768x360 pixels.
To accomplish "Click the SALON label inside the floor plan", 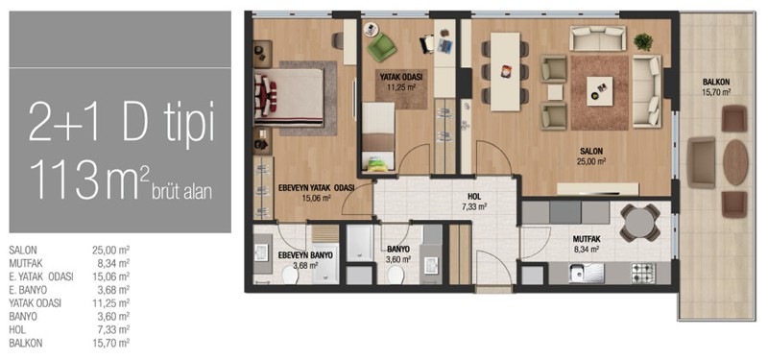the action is pos(592,151).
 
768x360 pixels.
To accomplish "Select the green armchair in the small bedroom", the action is pos(381,46).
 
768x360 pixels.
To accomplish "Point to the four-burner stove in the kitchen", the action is pos(642,272).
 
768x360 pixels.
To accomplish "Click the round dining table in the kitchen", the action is pos(640,224).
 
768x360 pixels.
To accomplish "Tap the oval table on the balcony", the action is pos(735,162).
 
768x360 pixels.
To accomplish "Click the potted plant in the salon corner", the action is pos(643,42).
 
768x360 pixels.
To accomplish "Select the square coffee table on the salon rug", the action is pos(600,90).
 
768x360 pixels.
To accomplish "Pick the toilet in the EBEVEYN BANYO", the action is pos(290,276).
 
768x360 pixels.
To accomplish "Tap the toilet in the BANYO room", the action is pos(396,276).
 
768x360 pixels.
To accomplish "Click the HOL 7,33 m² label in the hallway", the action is pos(474,202).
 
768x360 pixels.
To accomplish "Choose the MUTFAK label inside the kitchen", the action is pos(587,239).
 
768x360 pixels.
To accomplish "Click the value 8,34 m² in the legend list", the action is pos(113,263).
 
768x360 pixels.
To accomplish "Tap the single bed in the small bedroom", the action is pos(378,136).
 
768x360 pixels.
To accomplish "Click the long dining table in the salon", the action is pos(506,71).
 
